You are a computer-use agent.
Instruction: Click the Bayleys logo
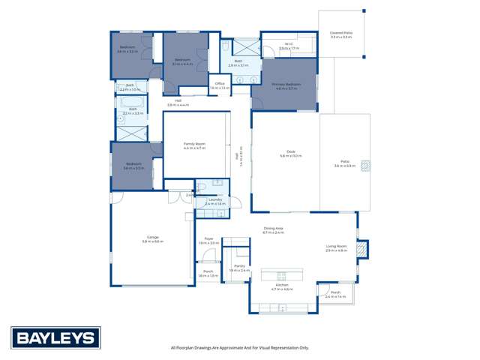[55, 337]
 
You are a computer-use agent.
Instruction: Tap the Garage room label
[152, 238]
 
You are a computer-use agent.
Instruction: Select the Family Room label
[194, 145]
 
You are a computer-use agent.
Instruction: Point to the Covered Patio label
[341, 34]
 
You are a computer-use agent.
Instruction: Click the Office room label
[220, 85]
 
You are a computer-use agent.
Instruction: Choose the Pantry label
[239, 267]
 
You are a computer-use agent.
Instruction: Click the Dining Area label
[273, 230]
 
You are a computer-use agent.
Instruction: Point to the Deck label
[290, 154]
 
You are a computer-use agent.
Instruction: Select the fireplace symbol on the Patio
[365, 166]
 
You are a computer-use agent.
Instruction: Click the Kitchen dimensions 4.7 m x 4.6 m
[282, 289]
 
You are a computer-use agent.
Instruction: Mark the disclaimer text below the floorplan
[239, 348]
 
